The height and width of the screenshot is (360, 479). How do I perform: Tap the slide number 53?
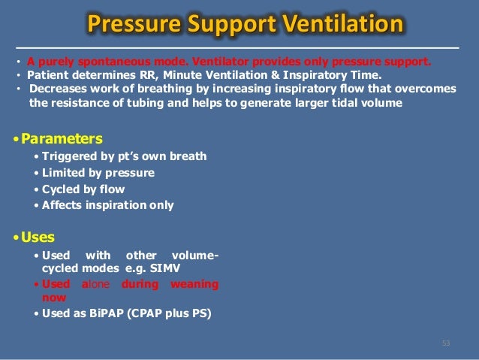click(446, 343)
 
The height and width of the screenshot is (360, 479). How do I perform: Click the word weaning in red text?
click(194, 284)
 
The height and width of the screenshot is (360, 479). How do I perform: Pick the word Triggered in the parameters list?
click(68, 156)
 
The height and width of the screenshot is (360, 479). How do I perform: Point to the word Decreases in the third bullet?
click(58, 89)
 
